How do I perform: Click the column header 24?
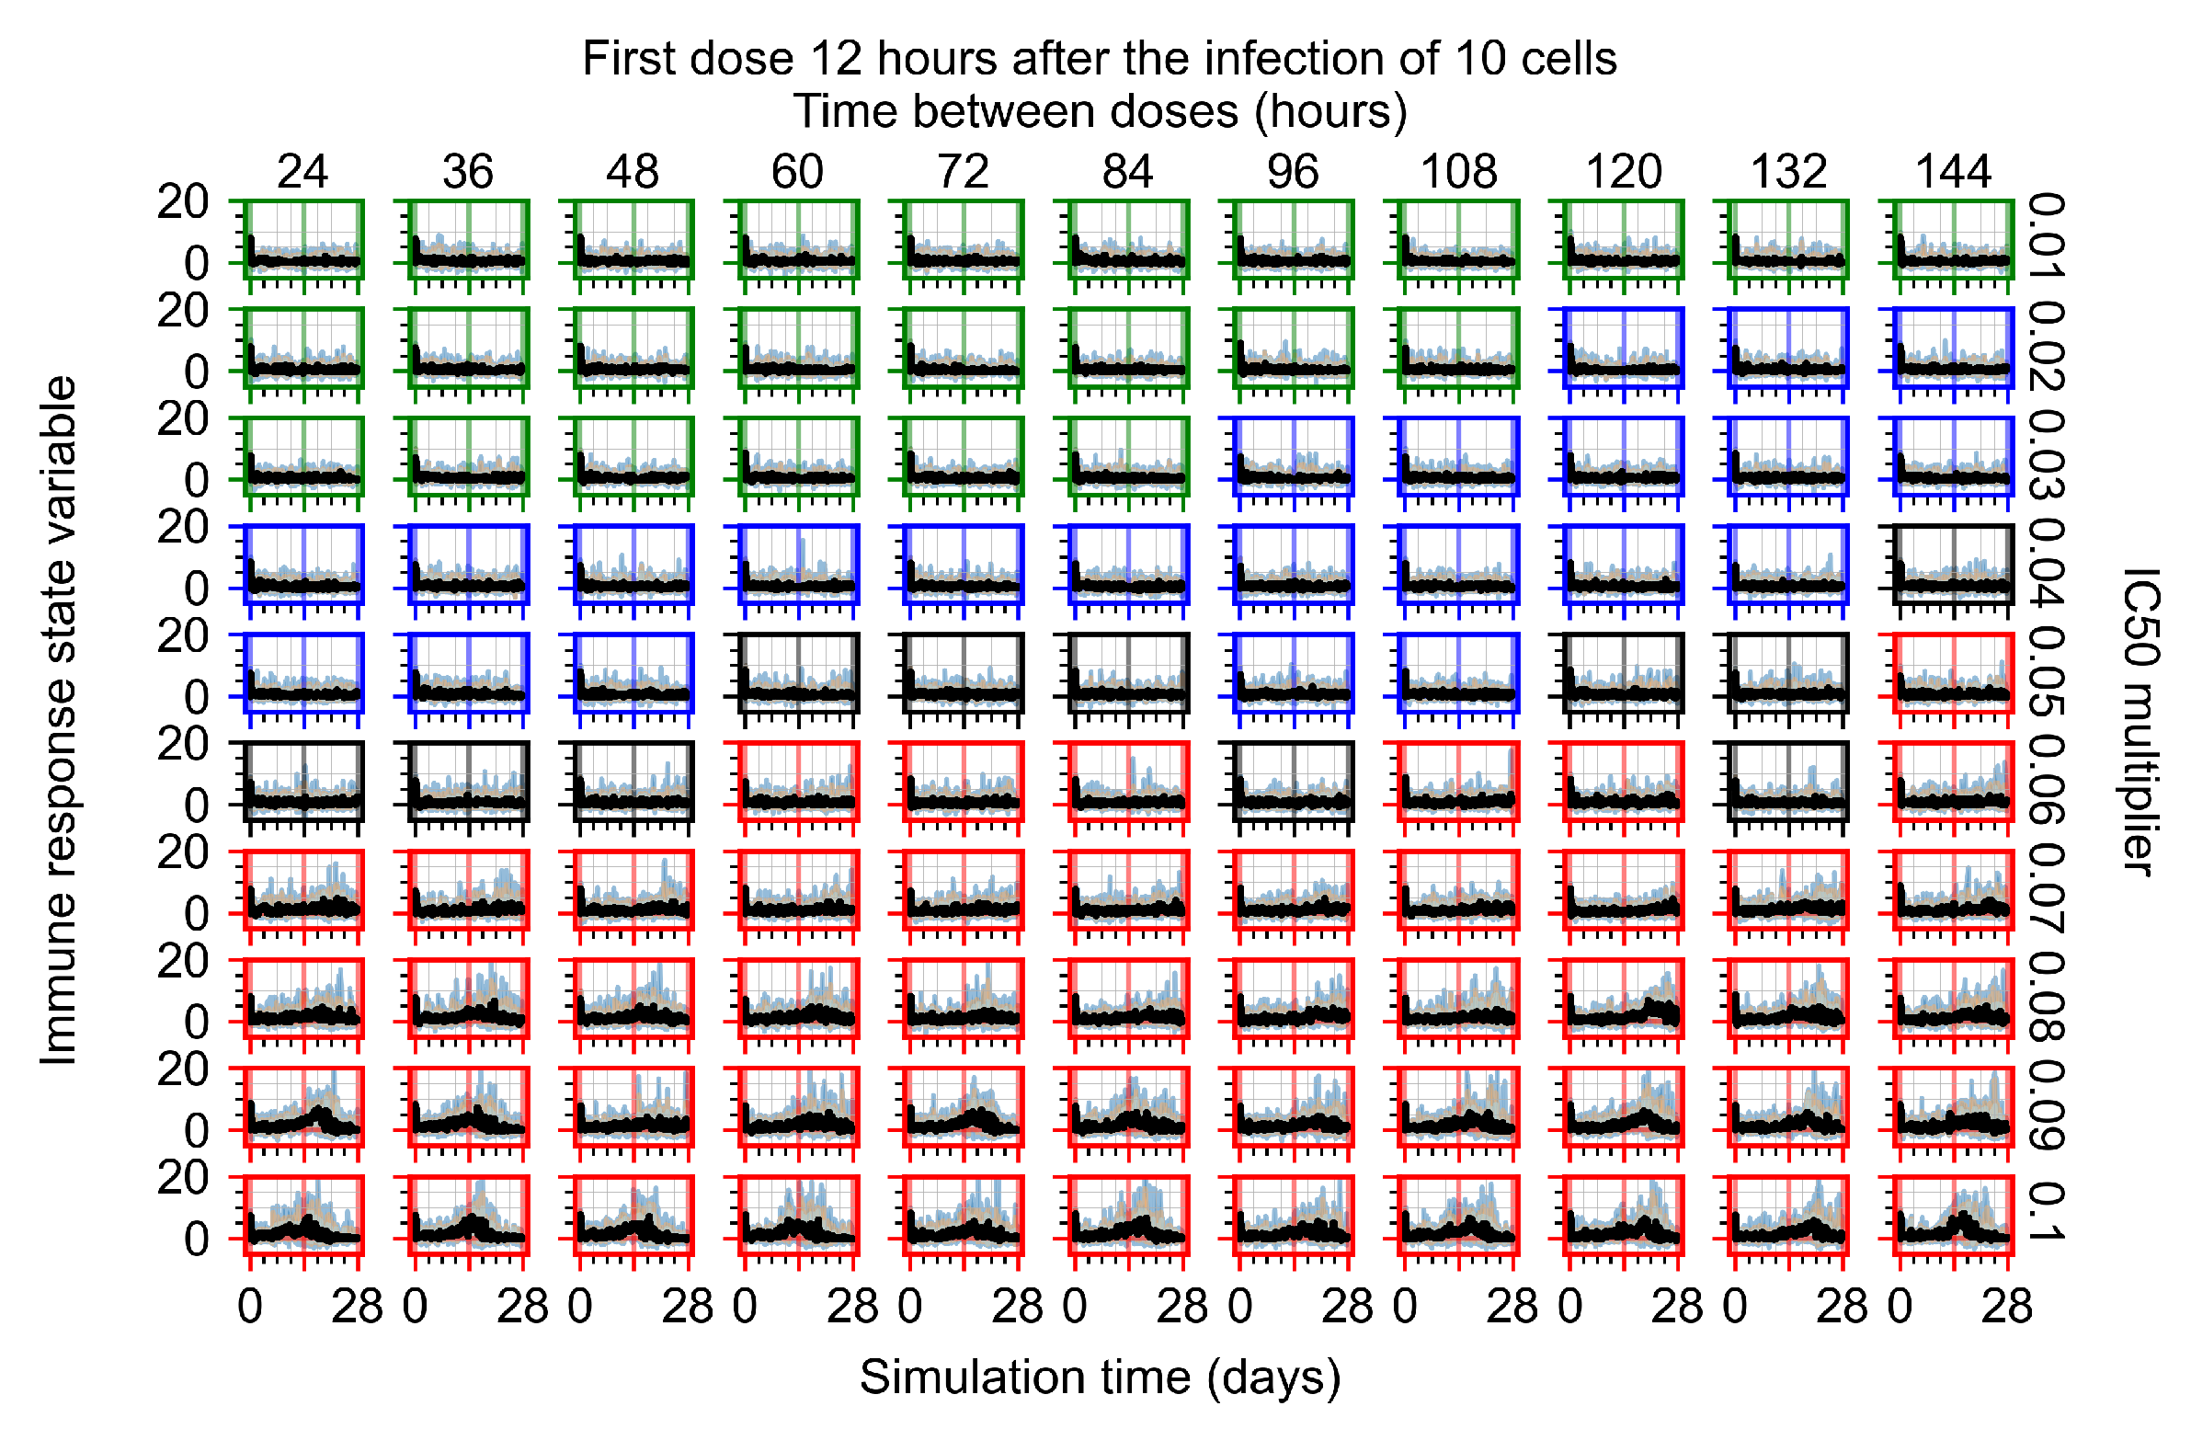(x=302, y=171)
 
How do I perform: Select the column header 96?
(x=1293, y=171)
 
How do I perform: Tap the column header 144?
(x=1953, y=171)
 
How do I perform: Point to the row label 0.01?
(x=2046, y=235)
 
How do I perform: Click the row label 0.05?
(x=2046, y=671)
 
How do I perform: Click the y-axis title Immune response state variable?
(x=59, y=721)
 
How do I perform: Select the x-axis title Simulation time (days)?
(x=1100, y=1378)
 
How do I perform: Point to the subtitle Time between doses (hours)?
(x=1100, y=111)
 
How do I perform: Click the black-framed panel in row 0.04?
(x=1953, y=564)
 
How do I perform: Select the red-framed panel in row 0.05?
(x=1953, y=672)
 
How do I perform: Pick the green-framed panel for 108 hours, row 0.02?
(x=1457, y=347)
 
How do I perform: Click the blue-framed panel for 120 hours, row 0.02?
(x=1623, y=347)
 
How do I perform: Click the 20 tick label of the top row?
(x=182, y=201)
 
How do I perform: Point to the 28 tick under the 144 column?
(x=2006, y=1307)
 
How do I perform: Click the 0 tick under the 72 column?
(x=909, y=1307)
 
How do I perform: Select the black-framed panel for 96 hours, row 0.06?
(x=1293, y=780)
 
